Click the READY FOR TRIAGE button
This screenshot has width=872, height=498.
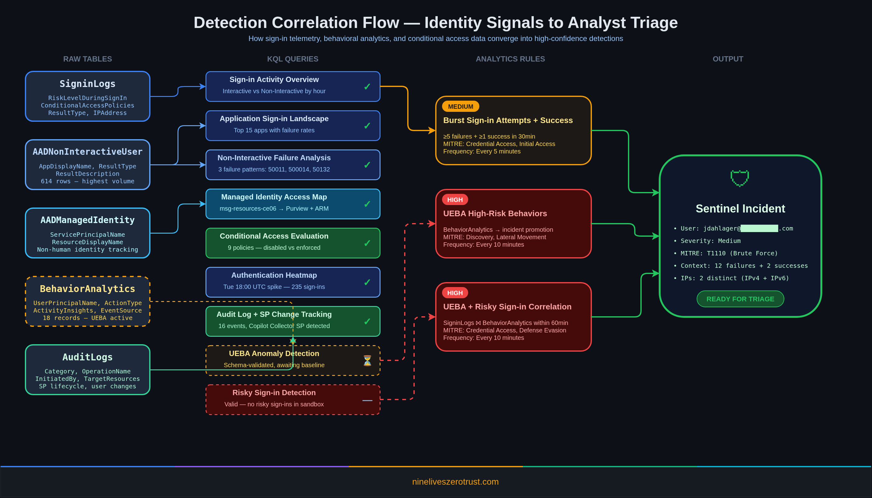coord(740,299)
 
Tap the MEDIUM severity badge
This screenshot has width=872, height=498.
coord(460,106)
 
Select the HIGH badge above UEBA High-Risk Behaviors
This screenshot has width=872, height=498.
coord(455,200)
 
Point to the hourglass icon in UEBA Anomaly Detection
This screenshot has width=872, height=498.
coord(367,360)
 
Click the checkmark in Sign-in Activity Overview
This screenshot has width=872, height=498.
coord(367,87)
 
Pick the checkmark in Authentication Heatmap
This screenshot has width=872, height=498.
coord(367,282)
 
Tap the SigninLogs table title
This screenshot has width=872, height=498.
coord(87,84)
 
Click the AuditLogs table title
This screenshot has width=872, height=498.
coord(87,357)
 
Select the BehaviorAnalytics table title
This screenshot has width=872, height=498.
coord(87,289)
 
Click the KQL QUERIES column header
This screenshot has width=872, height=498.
coord(293,59)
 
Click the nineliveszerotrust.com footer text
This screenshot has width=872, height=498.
coord(455,482)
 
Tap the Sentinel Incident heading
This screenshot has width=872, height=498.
coord(740,209)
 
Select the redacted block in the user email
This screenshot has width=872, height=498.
coord(759,228)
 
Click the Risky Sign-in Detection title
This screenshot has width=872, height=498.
coord(274,393)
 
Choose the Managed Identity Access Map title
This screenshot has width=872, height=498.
coord(274,197)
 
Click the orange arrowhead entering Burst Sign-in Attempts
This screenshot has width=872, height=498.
coord(432,130)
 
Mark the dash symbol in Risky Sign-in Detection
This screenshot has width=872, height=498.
coord(367,400)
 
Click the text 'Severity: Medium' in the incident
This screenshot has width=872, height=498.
coord(710,241)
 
